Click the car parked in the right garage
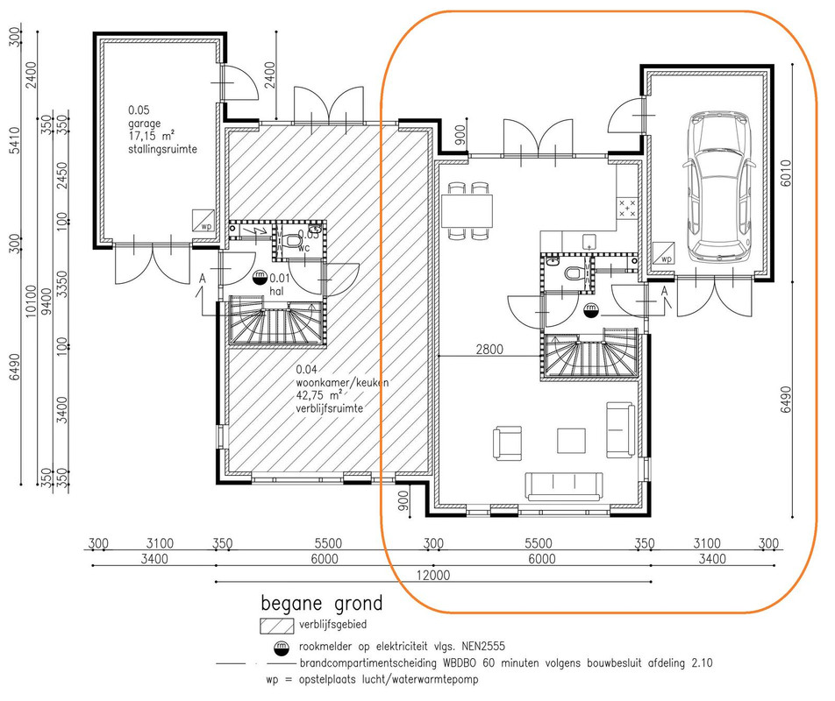[719, 187]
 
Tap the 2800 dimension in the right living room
[489, 350]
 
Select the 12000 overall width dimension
[433, 575]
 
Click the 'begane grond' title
[322, 604]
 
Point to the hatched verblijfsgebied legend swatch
[277, 626]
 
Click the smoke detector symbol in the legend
[280, 648]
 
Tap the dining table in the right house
[467, 210]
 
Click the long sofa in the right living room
[564, 486]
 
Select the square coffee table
[571, 441]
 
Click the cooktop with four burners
[627, 208]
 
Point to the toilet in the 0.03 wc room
[292, 242]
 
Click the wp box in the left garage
[203, 221]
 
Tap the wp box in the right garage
[662, 253]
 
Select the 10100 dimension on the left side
[31, 301]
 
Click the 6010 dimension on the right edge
[786, 173]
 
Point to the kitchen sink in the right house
[589, 242]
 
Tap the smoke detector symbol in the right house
[590, 310]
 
